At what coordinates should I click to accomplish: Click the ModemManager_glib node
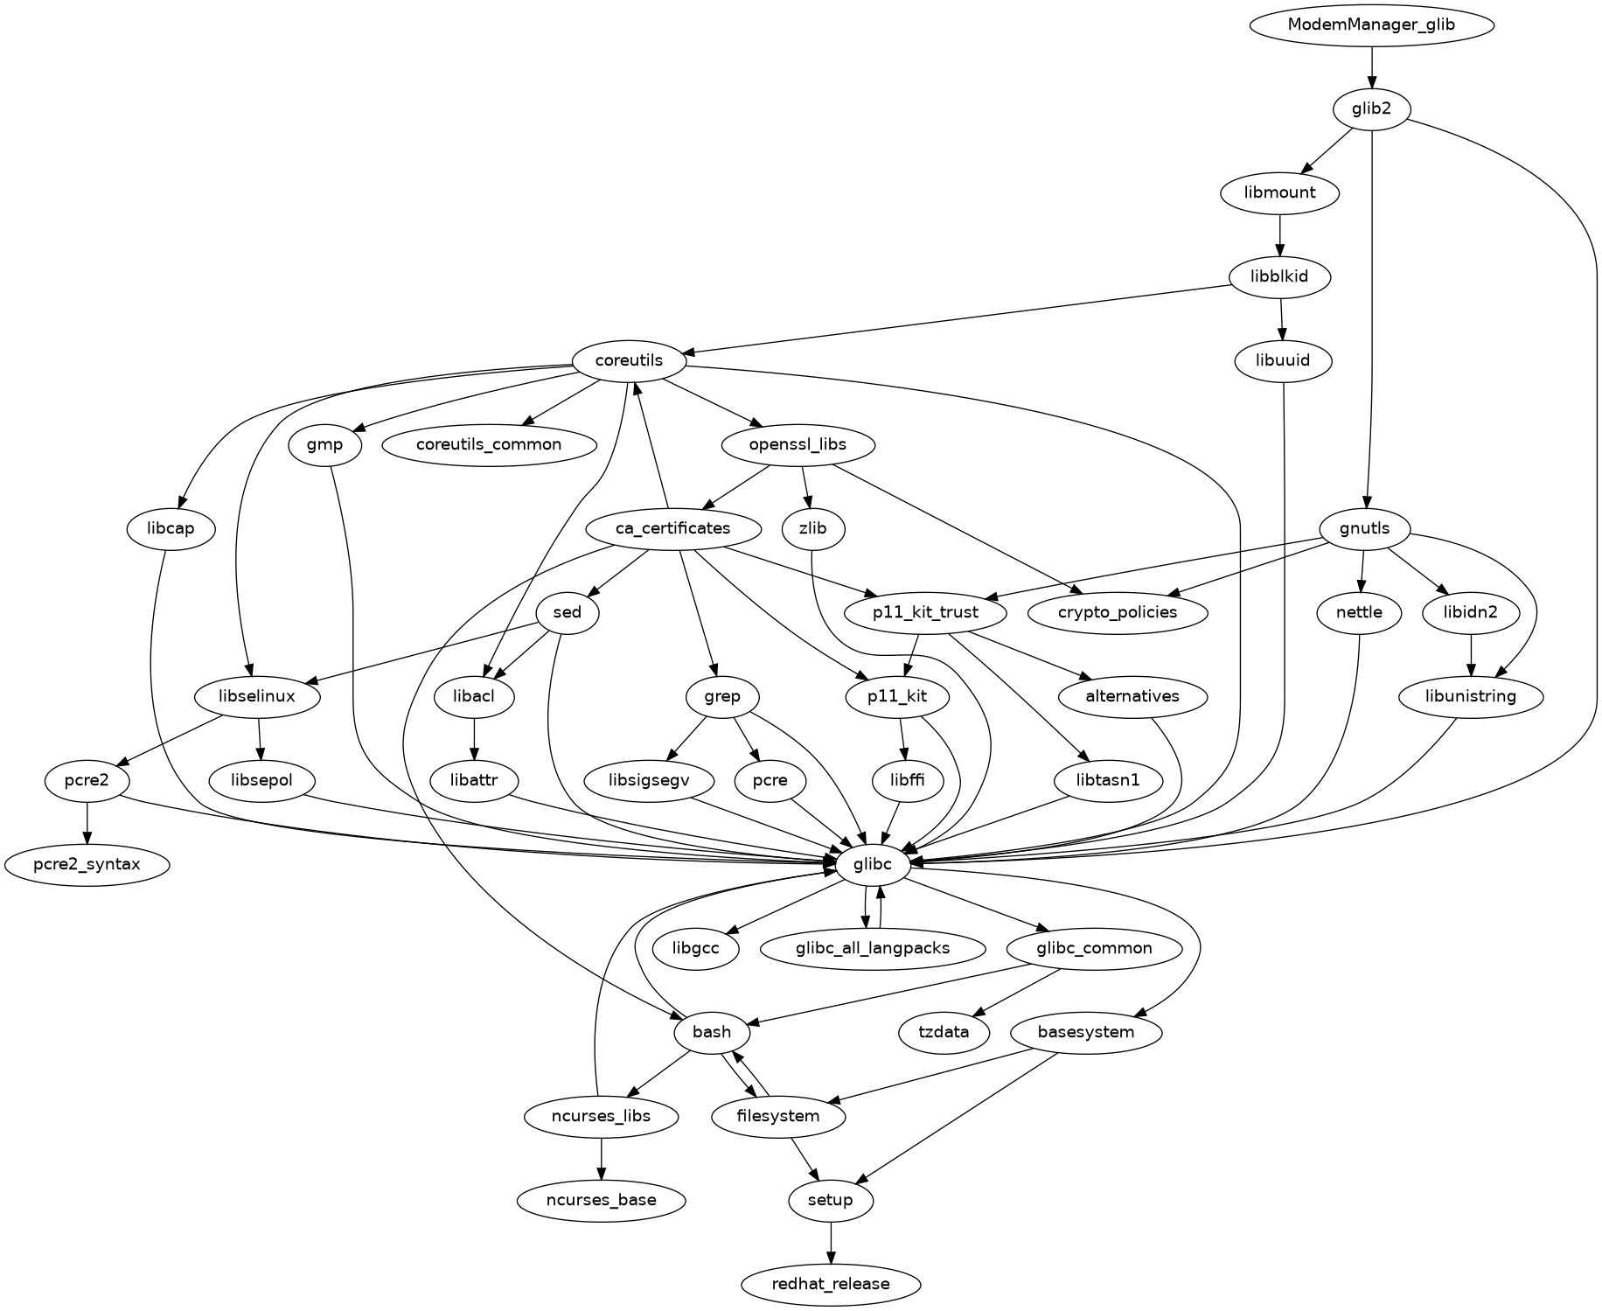(1371, 24)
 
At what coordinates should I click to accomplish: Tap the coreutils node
(629, 360)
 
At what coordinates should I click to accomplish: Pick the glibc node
(874, 865)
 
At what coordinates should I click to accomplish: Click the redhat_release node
(831, 1284)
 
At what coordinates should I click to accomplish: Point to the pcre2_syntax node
(87, 865)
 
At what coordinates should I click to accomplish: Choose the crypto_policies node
(1118, 612)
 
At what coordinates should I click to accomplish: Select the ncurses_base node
(601, 1200)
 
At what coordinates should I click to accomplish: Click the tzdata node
(944, 1032)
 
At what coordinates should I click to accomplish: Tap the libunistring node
(1471, 697)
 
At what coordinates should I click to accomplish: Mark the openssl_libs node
(798, 444)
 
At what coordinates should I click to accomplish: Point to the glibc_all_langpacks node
(872, 948)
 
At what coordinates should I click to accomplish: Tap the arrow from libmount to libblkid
(1280, 234)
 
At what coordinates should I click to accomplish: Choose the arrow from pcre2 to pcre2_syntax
(87, 822)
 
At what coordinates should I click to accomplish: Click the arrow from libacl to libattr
(474, 739)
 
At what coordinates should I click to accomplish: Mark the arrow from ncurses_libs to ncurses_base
(601, 1158)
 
